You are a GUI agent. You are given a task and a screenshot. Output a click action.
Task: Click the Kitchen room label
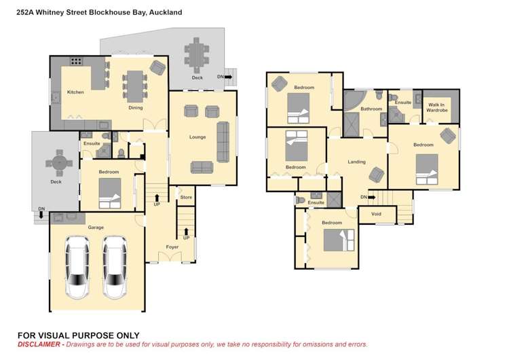(x=75, y=92)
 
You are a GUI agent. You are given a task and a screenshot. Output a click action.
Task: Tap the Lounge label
(x=197, y=137)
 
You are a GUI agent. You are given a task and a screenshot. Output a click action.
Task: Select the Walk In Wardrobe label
(x=437, y=107)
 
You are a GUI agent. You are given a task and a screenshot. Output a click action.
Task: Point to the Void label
(x=376, y=214)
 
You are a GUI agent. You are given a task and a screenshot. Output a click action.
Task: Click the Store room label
(x=186, y=198)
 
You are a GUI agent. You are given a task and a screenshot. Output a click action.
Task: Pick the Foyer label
(x=172, y=247)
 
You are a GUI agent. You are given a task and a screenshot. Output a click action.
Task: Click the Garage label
(x=96, y=228)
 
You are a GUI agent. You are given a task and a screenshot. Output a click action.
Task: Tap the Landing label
(x=356, y=162)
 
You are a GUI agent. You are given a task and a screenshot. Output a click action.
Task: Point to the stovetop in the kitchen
(x=76, y=61)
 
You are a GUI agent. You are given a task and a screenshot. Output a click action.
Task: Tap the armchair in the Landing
(x=377, y=175)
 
